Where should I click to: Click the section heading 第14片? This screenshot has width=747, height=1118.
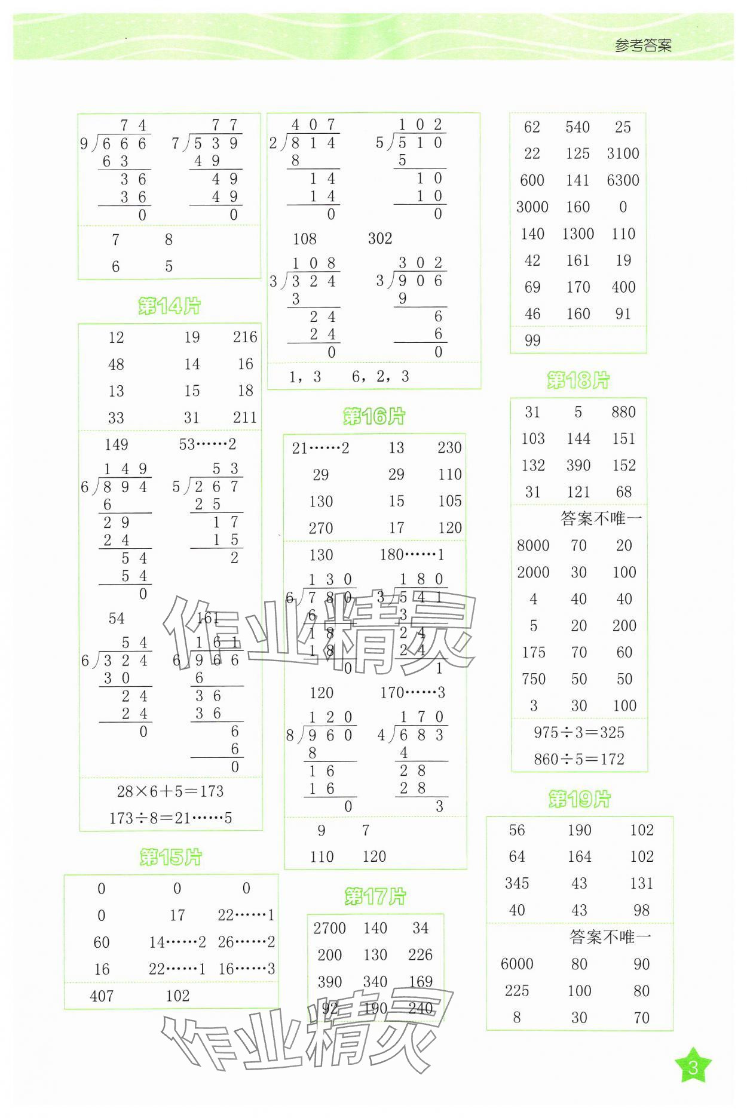[169, 306]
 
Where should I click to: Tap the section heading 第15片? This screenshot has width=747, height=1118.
[170, 857]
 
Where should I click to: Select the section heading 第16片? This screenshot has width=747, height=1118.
[374, 416]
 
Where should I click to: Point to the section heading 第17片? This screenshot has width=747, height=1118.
[375, 896]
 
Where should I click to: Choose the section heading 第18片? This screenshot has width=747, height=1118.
[578, 380]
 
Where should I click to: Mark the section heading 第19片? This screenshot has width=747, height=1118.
[579, 799]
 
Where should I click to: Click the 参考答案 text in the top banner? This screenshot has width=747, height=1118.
[643, 45]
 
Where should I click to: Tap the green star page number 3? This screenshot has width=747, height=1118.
[693, 1067]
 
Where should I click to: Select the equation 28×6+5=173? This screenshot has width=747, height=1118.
[170, 791]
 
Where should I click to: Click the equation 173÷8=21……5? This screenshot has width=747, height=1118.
[170, 818]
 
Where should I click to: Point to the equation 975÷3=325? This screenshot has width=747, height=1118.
[578, 732]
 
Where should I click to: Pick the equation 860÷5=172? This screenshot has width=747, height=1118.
[578, 759]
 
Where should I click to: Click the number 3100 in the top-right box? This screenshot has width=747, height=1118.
[623, 153]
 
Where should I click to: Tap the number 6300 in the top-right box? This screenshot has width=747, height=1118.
[623, 180]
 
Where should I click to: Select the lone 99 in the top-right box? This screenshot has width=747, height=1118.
[532, 340]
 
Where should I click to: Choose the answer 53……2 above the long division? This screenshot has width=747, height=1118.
[207, 444]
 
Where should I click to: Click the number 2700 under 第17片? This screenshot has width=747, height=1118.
[329, 928]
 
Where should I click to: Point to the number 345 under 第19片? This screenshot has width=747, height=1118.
[517, 883]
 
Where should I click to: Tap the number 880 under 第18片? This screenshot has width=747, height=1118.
[623, 412]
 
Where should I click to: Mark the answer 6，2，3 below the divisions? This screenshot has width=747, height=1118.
[381, 376]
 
